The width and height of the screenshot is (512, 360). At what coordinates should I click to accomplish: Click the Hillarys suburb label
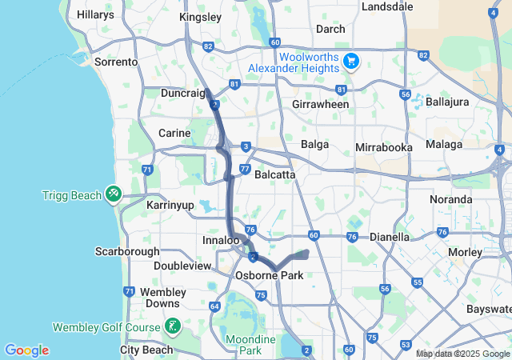point(95,15)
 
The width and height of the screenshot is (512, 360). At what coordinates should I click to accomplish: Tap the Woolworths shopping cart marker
point(350,61)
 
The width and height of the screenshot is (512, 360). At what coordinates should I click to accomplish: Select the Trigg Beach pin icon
point(114,194)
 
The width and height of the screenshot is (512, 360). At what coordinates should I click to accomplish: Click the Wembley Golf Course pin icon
point(172,326)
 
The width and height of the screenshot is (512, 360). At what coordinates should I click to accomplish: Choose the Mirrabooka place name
point(383,148)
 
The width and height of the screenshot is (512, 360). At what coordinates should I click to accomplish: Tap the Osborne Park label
point(267,275)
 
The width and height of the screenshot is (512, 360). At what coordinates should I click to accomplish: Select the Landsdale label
point(387,6)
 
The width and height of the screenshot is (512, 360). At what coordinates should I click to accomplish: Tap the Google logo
point(26,350)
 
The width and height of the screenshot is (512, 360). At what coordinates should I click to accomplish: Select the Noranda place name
point(450,199)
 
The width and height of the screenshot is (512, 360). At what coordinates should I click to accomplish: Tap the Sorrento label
point(116,62)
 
